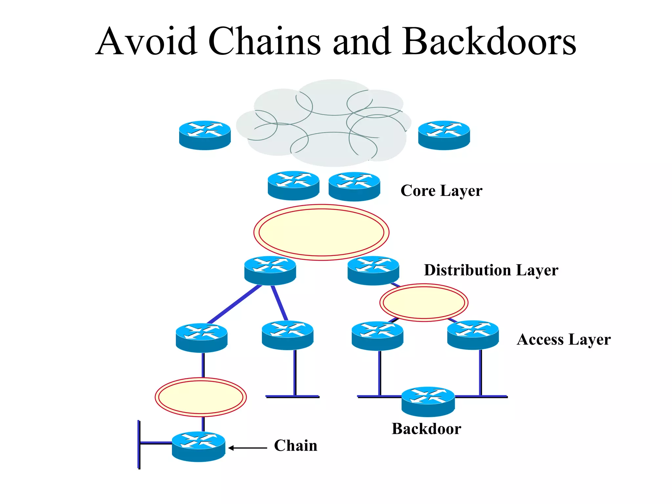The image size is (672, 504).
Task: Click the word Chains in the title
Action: [264, 42]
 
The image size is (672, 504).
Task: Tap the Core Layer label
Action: [441, 191]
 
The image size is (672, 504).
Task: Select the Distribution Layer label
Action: [491, 270]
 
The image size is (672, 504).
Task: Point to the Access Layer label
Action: [563, 340]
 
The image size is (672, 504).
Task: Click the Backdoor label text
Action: [426, 429]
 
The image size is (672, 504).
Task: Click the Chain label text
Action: [296, 446]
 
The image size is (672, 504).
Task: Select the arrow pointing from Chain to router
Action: [248, 448]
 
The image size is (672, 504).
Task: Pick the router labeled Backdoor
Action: [428, 402]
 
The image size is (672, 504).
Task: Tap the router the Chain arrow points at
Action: [199, 447]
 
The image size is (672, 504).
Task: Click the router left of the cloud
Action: [205, 135]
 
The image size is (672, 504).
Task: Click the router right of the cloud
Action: [444, 135]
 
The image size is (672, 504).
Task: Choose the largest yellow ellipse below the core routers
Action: [321, 232]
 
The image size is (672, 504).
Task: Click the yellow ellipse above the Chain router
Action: [200, 397]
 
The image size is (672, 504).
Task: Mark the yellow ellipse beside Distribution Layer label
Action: [424, 303]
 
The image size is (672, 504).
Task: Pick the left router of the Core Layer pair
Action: [293, 185]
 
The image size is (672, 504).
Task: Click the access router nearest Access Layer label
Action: [473, 335]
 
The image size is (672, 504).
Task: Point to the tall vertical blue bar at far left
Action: [139, 445]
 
